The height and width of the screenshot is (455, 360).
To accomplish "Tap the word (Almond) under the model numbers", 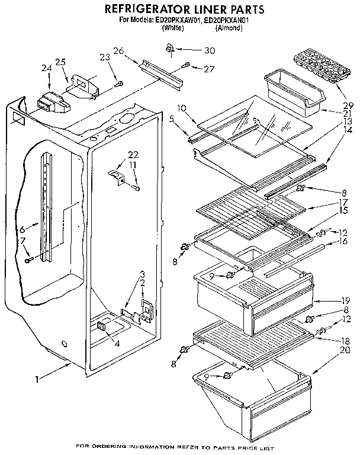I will [229, 27].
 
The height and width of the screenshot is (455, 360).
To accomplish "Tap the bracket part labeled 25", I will [83, 84].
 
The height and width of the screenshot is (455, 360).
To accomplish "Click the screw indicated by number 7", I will [28, 260].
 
